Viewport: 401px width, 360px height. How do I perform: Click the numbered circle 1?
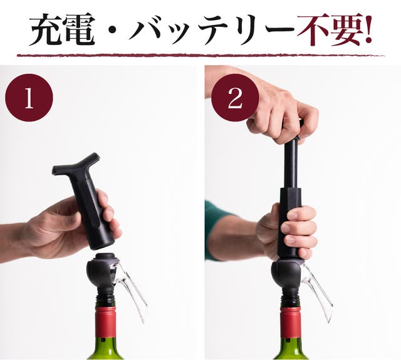click(29, 98)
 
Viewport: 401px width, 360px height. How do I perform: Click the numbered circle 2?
click(236, 98)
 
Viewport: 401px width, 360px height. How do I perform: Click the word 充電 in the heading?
click(61, 29)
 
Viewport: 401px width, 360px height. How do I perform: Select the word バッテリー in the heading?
click(211, 29)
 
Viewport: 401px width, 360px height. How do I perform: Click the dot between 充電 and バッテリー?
click(111, 30)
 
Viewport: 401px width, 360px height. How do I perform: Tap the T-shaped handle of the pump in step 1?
click(76, 165)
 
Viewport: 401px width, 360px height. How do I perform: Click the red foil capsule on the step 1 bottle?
click(105, 322)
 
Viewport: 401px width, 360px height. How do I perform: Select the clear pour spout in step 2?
click(316, 291)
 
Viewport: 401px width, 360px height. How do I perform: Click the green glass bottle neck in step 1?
click(105, 349)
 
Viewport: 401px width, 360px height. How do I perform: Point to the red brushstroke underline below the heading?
click(200, 55)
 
